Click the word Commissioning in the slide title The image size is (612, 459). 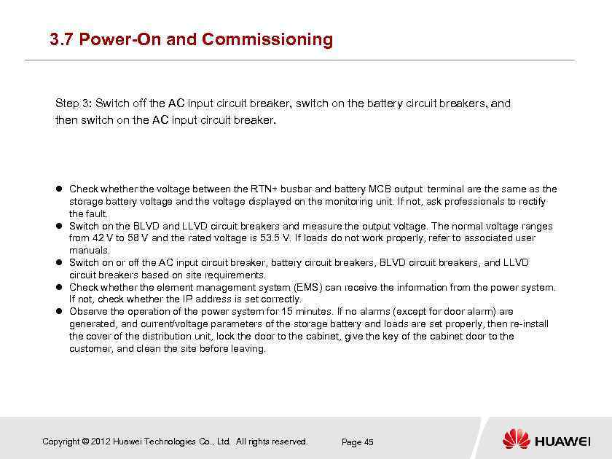pos(267,39)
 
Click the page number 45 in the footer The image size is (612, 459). pos(369,442)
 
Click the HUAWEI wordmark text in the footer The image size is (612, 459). pos(562,442)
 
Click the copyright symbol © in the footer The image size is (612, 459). pos(86,442)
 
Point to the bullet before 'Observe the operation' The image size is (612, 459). pos(60,311)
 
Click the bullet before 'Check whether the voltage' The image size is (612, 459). pos(60,189)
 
